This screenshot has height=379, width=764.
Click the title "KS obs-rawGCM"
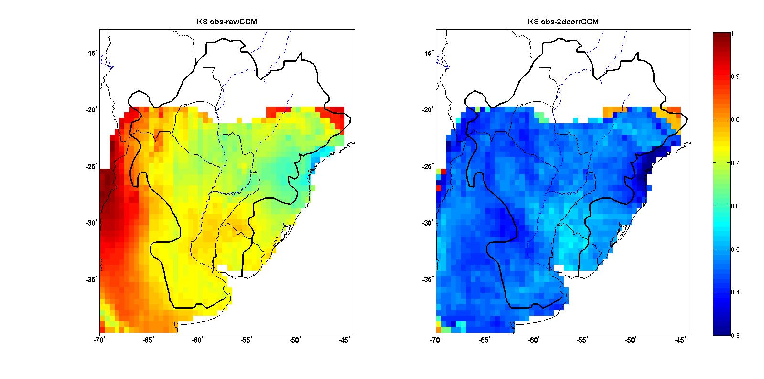tap(227, 22)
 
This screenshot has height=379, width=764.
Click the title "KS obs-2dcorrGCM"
tap(563, 22)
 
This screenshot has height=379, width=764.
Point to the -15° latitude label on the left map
tap(91, 53)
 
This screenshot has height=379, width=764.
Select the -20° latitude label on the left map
tap(91, 109)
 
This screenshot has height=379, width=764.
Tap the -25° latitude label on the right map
tap(428, 166)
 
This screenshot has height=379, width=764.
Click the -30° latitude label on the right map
tap(428, 223)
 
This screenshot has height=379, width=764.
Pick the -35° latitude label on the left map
tap(91, 280)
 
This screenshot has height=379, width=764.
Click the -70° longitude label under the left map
tap(99, 340)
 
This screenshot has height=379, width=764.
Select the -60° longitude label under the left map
tap(197, 340)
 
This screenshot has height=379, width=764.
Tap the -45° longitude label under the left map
tap(344, 340)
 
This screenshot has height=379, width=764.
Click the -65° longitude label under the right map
tap(484, 340)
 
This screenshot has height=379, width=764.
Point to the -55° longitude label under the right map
tap(582, 340)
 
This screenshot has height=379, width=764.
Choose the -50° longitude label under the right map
tap(631, 340)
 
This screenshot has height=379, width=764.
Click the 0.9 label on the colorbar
tap(735, 76)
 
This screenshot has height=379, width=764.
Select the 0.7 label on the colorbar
tap(735, 163)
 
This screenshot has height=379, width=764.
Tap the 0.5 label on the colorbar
tap(735, 249)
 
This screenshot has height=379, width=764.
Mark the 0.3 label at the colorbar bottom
tap(735, 336)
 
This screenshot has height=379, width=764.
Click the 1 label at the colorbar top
tap(732, 34)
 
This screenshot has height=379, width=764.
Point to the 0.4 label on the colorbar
tap(735, 292)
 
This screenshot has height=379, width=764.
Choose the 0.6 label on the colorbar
tap(735, 206)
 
